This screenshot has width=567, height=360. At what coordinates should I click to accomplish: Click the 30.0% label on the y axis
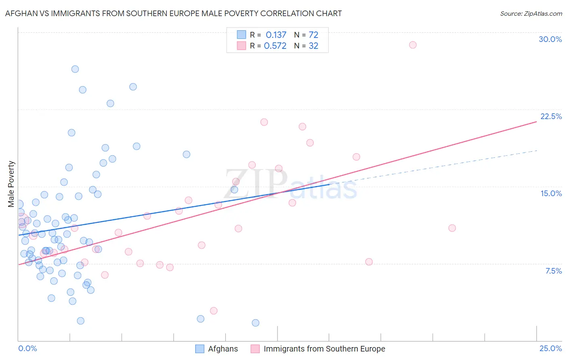550,39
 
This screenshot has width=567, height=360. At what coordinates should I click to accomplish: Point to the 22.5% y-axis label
551,116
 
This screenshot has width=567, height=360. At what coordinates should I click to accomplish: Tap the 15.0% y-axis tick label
551,193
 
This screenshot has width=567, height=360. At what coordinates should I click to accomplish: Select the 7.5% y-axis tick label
553,271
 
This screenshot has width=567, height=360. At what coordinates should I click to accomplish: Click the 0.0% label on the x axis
27,348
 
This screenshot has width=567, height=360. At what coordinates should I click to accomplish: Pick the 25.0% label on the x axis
550,348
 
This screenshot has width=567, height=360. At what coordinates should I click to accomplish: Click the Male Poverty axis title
11,184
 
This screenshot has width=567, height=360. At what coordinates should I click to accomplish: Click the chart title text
173,13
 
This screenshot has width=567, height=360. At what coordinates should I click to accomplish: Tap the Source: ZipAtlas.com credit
531,13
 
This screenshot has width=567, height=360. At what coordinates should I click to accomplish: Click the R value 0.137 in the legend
276,35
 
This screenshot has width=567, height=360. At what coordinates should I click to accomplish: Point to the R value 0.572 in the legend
275,46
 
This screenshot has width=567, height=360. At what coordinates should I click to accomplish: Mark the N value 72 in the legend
313,35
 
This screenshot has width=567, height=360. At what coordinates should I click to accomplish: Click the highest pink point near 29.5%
413,45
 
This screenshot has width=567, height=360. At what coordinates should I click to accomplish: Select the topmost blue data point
75,69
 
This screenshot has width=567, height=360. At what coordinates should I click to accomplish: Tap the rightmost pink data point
452,228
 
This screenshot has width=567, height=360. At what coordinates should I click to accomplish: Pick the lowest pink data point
214,311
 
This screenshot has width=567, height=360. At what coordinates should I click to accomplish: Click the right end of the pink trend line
536,121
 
